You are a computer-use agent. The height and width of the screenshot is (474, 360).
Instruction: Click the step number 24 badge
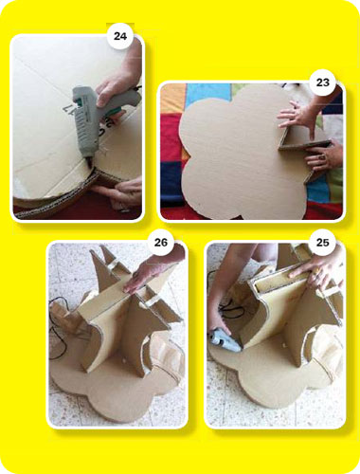point(120,36)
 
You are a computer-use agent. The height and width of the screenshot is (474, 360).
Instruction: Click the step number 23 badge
point(323,82)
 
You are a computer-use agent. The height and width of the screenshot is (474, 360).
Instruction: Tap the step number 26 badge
point(161,243)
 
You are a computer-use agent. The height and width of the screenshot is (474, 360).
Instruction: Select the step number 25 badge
point(323,243)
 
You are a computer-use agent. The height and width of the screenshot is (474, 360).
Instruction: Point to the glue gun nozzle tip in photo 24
point(90,166)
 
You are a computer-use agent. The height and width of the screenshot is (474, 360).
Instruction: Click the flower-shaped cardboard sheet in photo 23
point(240,152)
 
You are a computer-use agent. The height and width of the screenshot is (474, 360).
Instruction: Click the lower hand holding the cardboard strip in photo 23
point(325,156)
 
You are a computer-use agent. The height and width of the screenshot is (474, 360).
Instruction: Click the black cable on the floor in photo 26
point(59,329)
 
